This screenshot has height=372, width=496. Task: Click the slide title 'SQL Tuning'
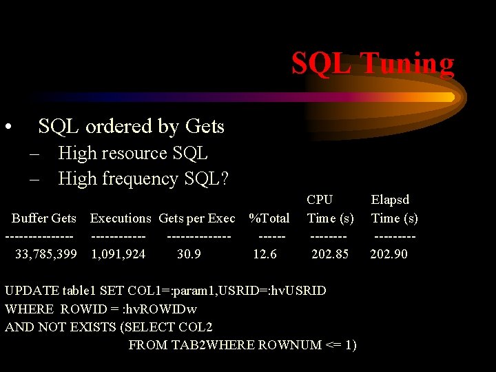point(372,63)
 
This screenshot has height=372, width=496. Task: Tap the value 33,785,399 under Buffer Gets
point(46,254)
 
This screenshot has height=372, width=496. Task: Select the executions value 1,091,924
point(118,254)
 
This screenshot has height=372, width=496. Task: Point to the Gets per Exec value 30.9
point(189,254)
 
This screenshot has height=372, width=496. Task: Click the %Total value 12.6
point(265,254)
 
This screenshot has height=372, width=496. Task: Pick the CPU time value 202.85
point(330,254)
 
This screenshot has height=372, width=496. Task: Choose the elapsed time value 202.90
point(389,254)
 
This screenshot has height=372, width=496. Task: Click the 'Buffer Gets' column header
point(44,218)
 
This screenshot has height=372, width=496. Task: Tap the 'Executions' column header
point(121,218)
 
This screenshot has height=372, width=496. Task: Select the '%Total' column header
point(269,218)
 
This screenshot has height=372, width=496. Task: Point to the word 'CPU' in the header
point(320,200)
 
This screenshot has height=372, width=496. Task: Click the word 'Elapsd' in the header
point(390,200)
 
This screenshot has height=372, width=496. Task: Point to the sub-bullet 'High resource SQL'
point(133,153)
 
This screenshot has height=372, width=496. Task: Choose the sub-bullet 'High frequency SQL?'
point(143,178)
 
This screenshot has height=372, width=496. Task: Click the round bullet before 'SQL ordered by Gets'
point(8,127)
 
